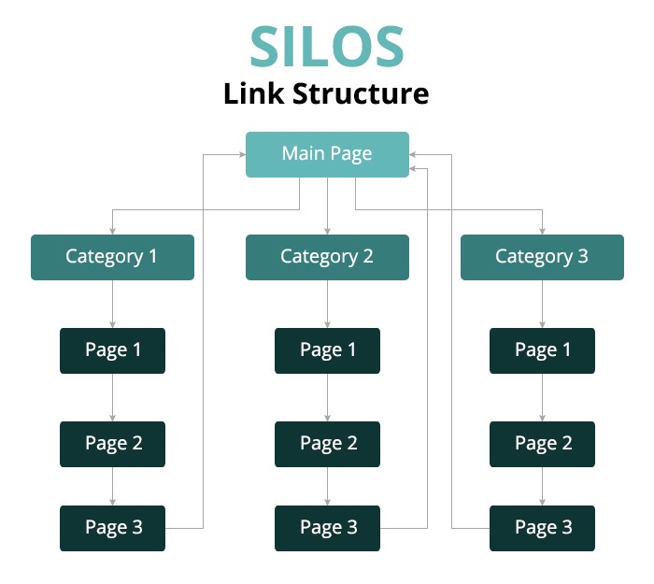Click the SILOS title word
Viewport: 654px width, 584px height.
[x=327, y=46]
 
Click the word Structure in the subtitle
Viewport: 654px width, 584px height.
[x=361, y=93]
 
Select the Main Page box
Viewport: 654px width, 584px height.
[x=327, y=155]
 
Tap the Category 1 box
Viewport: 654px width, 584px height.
[x=113, y=257]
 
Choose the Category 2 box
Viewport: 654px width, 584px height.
[x=327, y=257]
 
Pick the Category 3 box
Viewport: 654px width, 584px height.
[x=542, y=257]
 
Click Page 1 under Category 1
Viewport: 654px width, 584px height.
[x=113, y=350]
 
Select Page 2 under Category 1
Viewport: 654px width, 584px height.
[x=113, y=444]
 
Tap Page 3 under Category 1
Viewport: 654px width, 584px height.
[x=113, y=529]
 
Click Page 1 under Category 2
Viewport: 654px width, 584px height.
[x=327, y=350]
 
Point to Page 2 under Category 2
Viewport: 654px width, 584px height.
[x=327, y=444]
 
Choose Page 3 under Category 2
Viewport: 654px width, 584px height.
[x=327, y=529]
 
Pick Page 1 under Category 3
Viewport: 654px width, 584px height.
[x=542, y=350]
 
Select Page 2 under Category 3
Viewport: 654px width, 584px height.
[x=542, y=444]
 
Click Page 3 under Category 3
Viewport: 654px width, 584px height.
[x=542, y=529]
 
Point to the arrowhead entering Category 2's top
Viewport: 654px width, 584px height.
[x=327, y=231]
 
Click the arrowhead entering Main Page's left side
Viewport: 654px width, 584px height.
[x=242, y=155]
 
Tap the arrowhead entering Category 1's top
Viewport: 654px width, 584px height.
[x=113, y=231]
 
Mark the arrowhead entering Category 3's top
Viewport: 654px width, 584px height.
[x=542, y=231]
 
